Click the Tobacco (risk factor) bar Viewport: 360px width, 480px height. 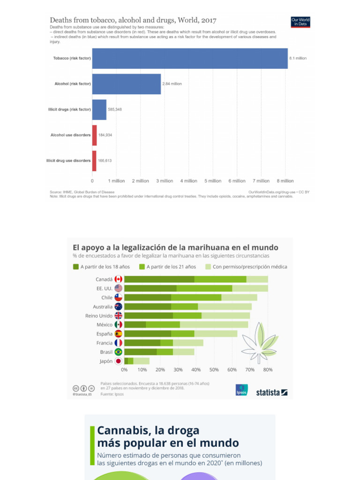point(190,59)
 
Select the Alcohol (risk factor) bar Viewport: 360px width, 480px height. point(127,84)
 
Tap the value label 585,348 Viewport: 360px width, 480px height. point(115,109)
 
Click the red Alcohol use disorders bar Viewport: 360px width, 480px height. point(94,135)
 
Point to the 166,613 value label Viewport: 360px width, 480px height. point(105,160)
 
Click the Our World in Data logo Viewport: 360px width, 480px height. point(300,22)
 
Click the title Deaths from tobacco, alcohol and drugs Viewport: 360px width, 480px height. point(133,20)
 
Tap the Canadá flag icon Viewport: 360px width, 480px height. point(118,279)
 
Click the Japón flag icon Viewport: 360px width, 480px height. point(118,361)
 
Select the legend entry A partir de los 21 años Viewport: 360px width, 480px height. point(167,267)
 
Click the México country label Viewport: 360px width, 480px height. point(105,325)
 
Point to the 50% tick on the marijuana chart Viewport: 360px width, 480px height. point(214,370)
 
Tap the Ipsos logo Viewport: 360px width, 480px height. point(241,390)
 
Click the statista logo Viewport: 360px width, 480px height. point(271,392)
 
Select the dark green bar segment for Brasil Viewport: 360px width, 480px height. point(141,352)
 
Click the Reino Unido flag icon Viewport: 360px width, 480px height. point(118,316)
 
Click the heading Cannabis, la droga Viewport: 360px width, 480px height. point(148,431)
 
